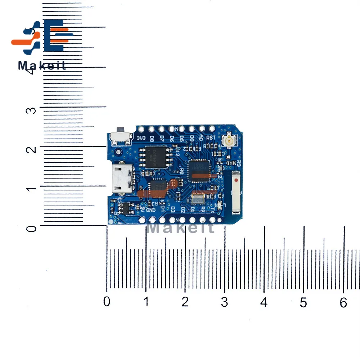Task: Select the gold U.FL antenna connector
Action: point(228,141)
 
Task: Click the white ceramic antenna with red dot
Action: point(236,190)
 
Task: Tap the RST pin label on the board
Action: point(211,137)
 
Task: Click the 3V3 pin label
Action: point(141,137)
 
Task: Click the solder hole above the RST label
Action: point(212,128)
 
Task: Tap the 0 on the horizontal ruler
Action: point(107,302)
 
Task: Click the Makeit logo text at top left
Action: point(42,66)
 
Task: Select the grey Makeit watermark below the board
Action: point(181,227)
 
